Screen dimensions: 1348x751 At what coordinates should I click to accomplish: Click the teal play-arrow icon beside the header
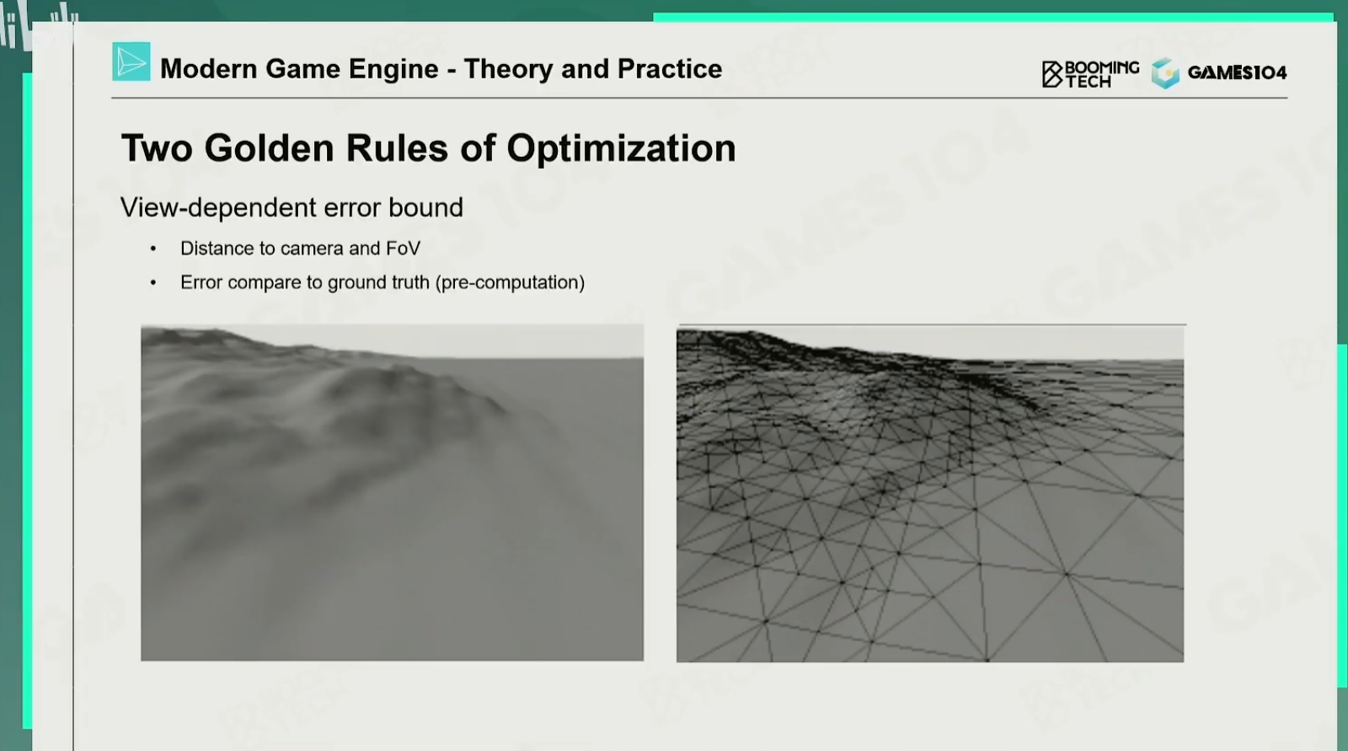click(x=131, y=62)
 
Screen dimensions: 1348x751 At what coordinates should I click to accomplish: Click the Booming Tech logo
click(x=1090, y=74)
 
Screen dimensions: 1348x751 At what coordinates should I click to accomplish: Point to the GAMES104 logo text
click(x=1238, y=72)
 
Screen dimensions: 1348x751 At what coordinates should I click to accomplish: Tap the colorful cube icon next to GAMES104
click(x=1166, y=72)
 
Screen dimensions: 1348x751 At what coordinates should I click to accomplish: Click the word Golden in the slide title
click(x=269, y=148)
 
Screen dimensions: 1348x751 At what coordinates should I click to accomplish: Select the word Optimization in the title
click(x=621, y=148)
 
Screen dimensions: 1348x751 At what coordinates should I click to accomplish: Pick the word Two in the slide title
click(x=157, y=148)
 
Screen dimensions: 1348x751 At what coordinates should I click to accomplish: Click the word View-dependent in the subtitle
click(x=218, y=208)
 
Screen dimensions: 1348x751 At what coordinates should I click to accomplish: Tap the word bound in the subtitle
click(x=425, y=207)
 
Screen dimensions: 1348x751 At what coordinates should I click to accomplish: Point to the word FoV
click(x=403, y=248)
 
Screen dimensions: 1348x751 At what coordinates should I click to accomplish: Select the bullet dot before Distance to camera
click(x=153, y=249)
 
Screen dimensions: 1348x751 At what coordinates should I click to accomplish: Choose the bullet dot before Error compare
click(x=153, y=282)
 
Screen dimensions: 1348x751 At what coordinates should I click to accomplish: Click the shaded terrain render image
click(x=393, y=492)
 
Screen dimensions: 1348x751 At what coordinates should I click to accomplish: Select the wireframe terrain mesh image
click(x=930, y=493)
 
